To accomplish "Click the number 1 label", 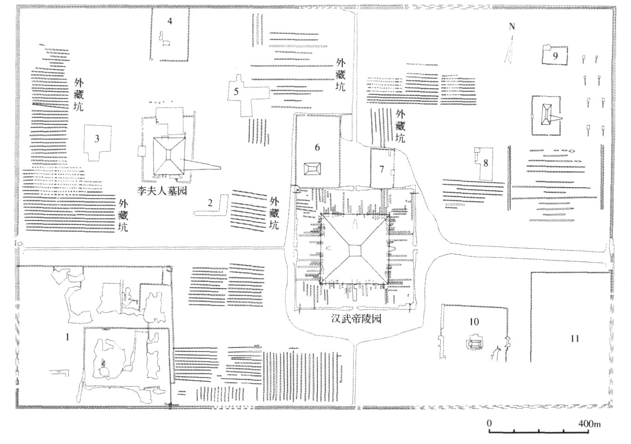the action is (x=67, y=337).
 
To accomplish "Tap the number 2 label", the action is (x=210, y=203).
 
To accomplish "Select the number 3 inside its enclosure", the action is (x=97, y=139).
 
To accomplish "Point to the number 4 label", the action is (x=170, y=21).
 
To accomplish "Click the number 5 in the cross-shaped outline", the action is (x=236, y=91).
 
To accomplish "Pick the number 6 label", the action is (x=317, y=147).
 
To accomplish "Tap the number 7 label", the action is (x=382, y=169).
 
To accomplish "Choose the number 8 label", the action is (x=485, y=163).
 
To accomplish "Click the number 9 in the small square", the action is (x=555, y=56).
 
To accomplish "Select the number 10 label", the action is (x=474, y=322).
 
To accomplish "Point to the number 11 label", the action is (x=575, y=338).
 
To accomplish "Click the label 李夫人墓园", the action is (x=162, y=191).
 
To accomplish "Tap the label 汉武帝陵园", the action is (x=356, y=319).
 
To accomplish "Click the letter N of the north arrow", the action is (x=512, y=27).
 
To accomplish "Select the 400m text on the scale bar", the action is (x=589, y=423).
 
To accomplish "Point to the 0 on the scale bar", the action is (x=489, y=423).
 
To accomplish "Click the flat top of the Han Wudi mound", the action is (x=355, y=250).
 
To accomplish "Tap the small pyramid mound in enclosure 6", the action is (x=312, y=169).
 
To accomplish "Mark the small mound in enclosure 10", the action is (x=475, y=343).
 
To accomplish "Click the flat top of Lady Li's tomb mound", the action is (x=169, y=154).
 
